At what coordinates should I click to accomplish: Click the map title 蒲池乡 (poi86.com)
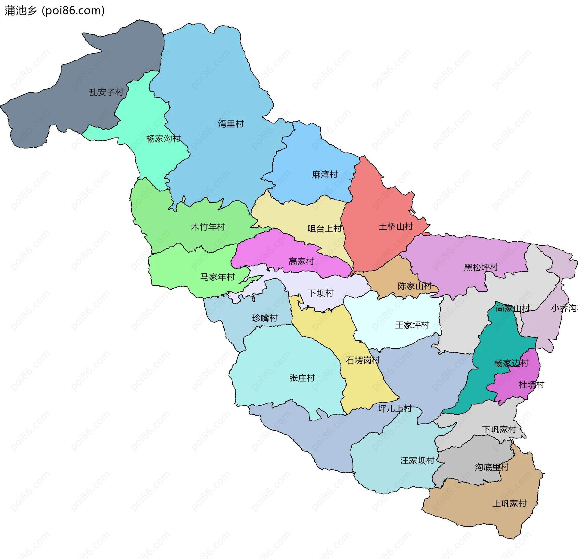(54, 11)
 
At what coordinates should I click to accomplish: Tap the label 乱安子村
(106, 92)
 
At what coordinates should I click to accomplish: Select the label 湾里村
(231, 124)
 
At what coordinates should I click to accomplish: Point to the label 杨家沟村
(163, 139)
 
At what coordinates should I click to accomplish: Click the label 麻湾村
(325, 174)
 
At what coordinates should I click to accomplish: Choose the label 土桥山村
(396, 227)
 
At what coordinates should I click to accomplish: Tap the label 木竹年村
(208, 227)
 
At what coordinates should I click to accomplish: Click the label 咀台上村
(325, 229)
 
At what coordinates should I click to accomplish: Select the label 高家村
(301, 261)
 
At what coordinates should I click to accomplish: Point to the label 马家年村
(217, 277)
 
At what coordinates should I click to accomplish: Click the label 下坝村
(321, 293)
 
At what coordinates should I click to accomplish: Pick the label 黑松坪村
(481, 267)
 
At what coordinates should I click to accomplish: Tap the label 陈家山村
(415, 286)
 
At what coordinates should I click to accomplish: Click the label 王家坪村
(412, 325)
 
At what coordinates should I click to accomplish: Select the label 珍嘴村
(265, 318)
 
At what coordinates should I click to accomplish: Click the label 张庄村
(302, 378)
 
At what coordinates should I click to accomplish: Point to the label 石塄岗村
(363, 360)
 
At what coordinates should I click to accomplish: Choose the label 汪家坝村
(417, 460)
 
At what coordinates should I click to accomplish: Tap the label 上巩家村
(509, 504)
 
